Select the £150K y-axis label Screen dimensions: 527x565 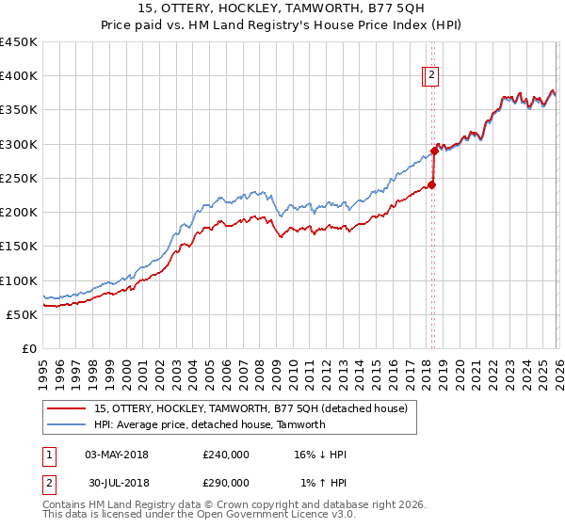tap(19, 247)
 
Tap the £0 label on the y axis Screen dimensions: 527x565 tap(29, 349)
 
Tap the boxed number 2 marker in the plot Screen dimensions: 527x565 tap(431, 76)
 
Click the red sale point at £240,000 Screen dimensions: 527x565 tap(431, 184)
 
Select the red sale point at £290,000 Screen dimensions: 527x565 tap(434, 151)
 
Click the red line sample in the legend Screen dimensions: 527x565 tap(67, 409)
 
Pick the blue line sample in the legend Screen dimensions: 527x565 tap(67, 424)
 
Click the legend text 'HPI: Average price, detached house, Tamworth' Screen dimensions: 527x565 tap(209, 424)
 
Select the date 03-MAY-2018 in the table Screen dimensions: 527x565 tap(117, 455)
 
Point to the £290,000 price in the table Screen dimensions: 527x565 tap(226, 482)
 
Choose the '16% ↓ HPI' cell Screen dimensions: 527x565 tap(321, 455)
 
